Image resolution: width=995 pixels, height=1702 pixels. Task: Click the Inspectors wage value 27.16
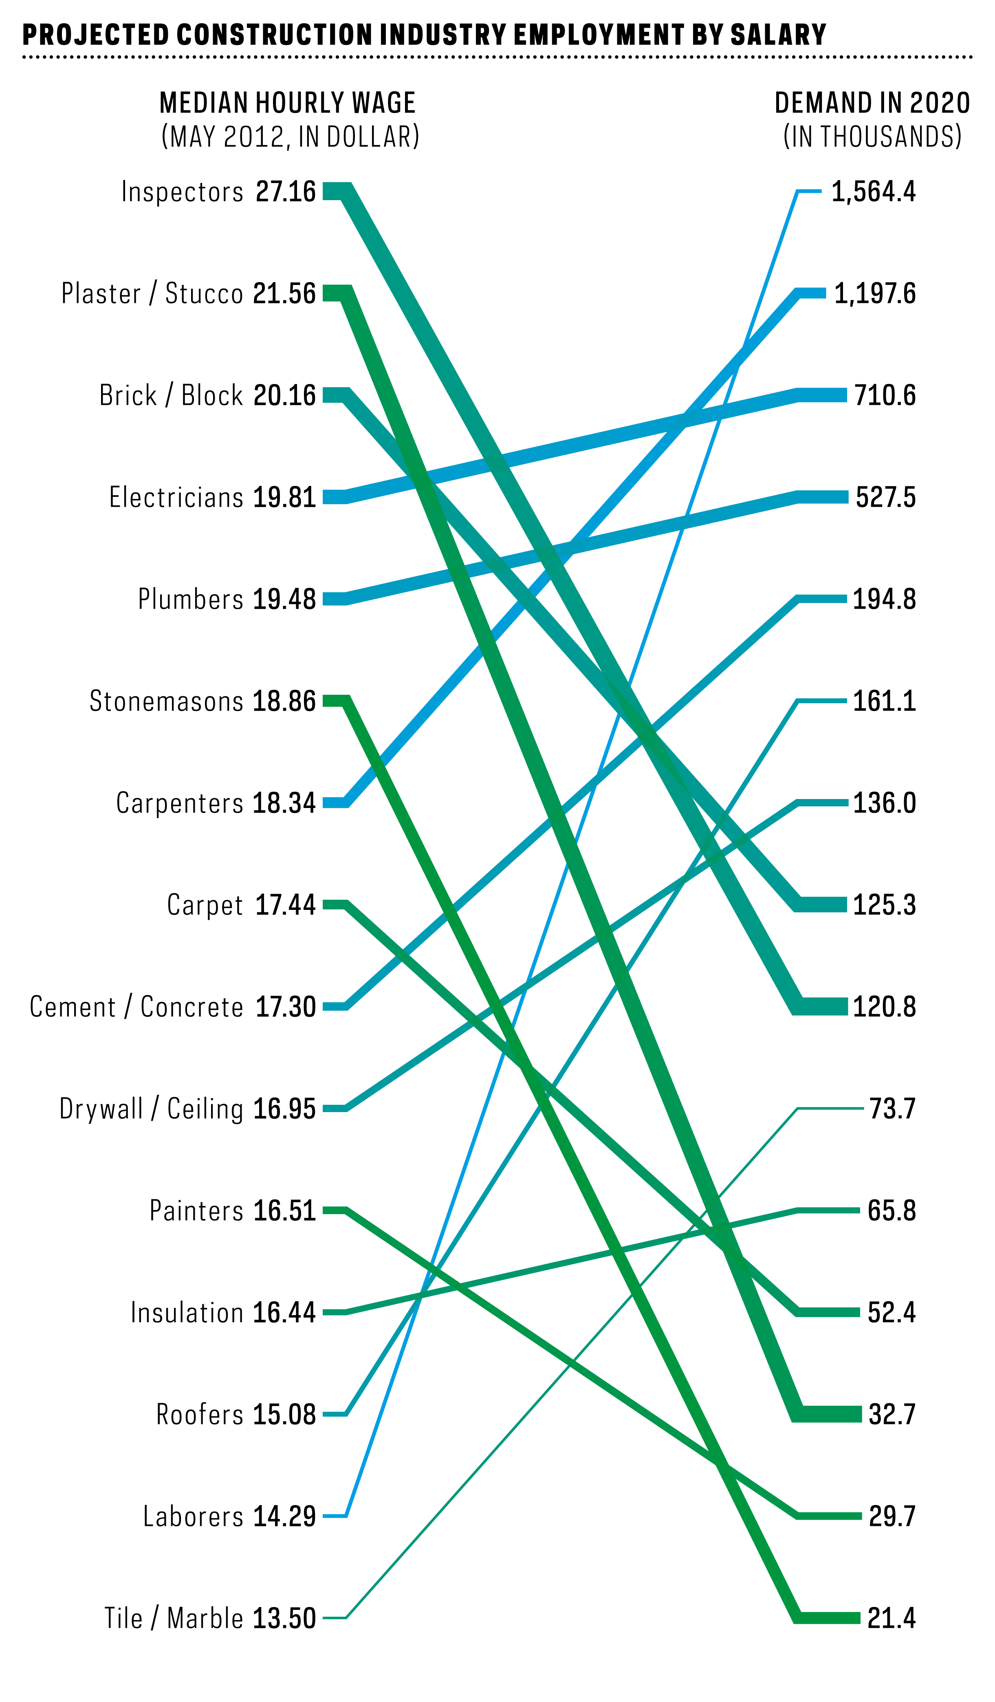pos(286,192)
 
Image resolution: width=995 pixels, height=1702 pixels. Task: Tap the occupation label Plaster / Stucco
pos(152,294)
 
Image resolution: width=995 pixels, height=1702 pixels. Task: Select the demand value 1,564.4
pos(873,192)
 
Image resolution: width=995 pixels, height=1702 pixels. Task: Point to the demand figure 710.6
pos(885,395)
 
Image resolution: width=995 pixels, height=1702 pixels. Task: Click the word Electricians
pos(176,497)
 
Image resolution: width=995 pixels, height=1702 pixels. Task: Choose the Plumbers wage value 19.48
pos(284,599)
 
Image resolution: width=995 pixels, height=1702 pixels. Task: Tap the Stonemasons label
pos(166,701)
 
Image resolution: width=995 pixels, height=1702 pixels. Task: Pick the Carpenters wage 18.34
pos(284,803)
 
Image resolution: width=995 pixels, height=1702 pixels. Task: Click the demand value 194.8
pos(884,599)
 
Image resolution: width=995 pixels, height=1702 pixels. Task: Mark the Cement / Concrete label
pos(136,1007)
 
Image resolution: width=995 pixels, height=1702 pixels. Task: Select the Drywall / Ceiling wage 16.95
pos(284,1109)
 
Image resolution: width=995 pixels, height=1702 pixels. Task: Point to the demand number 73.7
pos(892,1109)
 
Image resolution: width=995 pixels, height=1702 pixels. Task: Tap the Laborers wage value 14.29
pos(284,1516)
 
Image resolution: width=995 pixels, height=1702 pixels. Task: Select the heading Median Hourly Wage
pos(288,103)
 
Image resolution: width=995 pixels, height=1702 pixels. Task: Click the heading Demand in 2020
pos(872,103)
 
